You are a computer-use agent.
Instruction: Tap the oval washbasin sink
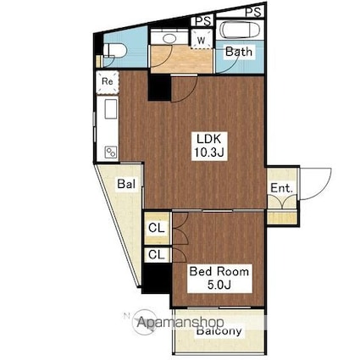coord(167,39)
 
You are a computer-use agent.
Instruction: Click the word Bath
coord(238,53)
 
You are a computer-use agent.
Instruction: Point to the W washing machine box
coord(202,40)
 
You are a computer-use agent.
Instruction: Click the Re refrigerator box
coord(108,81)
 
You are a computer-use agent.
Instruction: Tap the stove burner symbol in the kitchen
coord(109,152)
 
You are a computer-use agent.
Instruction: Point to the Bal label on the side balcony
coord(126,183)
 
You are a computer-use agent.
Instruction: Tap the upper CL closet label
coord(157,228)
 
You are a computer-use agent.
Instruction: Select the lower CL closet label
coord(157,254)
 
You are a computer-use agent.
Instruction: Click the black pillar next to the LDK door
coord(158,86)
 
